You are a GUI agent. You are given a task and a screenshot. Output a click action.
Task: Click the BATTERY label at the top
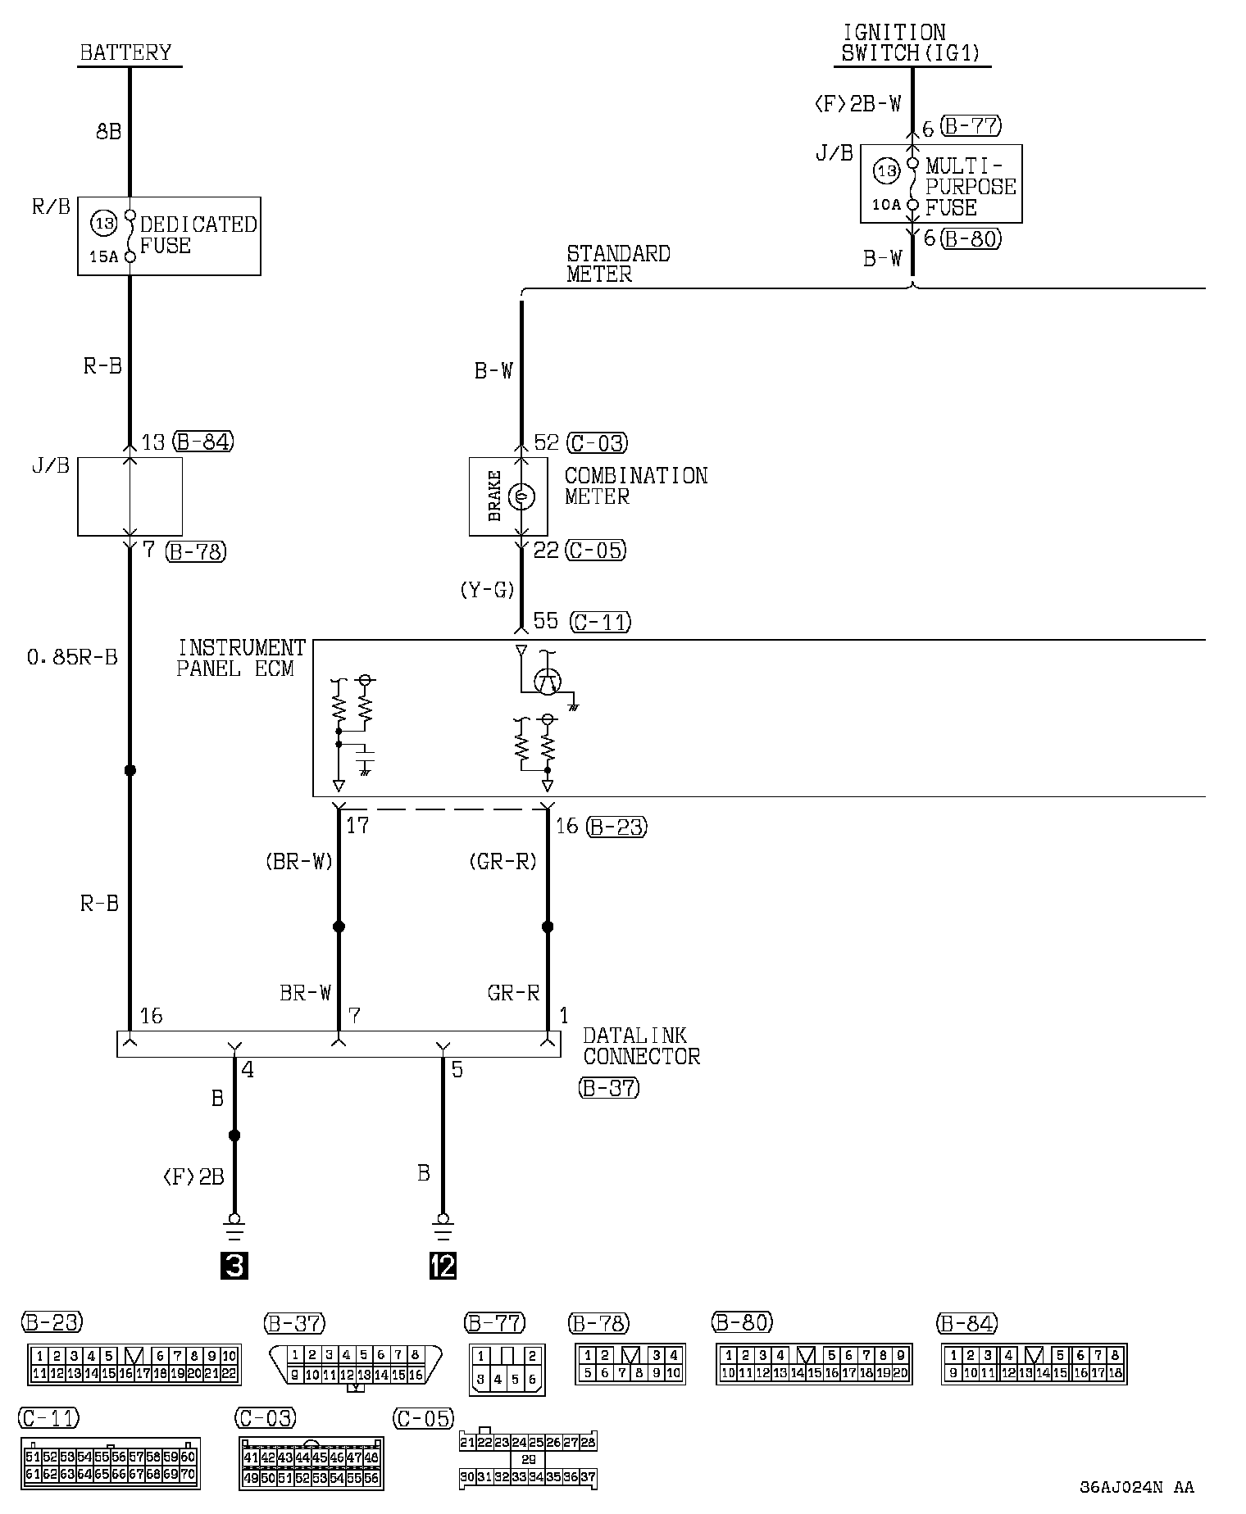[125, 53]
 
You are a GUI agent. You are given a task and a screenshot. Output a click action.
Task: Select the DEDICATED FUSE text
[198, 235]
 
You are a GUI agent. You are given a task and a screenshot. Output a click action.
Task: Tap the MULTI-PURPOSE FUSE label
[970, 187]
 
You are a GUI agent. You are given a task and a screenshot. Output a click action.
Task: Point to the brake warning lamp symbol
[521, 496]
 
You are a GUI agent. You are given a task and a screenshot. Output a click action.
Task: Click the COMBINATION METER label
[635, 486]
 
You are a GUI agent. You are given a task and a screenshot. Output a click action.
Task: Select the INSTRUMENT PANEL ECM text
[240, 658]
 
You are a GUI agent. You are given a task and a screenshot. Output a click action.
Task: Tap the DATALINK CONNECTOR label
[641, 1046]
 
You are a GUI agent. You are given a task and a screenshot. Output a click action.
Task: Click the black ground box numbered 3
[234, 1267]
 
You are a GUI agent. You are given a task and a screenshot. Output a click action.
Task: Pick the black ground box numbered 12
[443, 1267]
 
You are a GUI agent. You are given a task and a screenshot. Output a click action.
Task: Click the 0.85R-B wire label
[72, 657]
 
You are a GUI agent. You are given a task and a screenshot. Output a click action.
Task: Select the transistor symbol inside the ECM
[548, 680]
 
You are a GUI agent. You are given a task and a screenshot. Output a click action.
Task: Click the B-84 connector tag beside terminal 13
[202, 442]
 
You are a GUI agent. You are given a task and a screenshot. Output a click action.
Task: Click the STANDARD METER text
[617, 264]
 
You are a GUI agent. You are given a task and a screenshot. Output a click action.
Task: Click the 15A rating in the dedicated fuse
[104, 257]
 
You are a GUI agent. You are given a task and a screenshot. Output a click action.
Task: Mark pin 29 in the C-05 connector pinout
[528, 1460]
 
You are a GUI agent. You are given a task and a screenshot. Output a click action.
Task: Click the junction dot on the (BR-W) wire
[339, 927]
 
